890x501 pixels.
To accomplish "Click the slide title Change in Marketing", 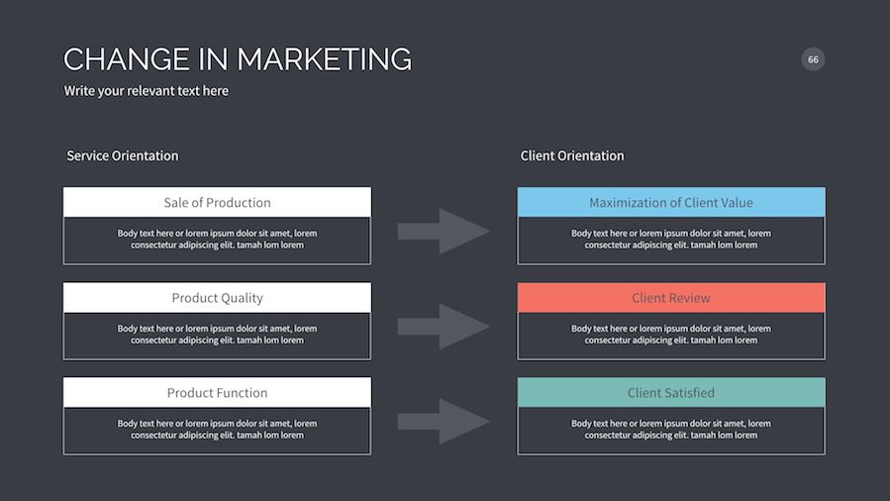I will (x=238, y=59).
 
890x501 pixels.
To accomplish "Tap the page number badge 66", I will (x=813, y=59).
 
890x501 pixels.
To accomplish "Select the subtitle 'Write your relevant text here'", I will (x=147, y=91).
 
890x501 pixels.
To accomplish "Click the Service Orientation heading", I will (x=123, y=155).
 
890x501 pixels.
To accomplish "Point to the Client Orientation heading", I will (x=572, y=155).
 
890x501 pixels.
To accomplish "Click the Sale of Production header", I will (x=217, y=203).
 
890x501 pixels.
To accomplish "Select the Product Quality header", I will (x=217, y=298).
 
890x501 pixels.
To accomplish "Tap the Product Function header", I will (x=217, y=393).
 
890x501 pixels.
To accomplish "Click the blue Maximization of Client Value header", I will (x=671, y=203).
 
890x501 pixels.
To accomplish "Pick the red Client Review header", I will (x=671, y=298).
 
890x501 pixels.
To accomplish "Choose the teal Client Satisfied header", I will (x=671, y=393).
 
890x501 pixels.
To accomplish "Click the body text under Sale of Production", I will (x=217, y=240).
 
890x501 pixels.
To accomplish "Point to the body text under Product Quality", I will (x=217, y=335).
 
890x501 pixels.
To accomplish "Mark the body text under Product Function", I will (x=217, y=430).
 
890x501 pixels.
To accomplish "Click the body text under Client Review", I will (x=671, y=335).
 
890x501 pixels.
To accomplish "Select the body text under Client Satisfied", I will (x=671, y=430).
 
